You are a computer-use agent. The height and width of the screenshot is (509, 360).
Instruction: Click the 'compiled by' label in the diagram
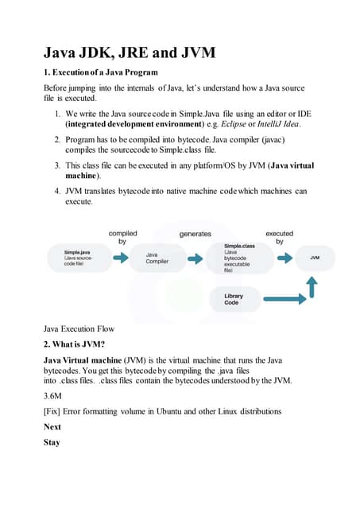coord(122,237)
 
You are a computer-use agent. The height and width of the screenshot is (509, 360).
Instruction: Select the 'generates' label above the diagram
coord(195,234)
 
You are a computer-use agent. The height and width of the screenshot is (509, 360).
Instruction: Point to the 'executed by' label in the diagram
coord(279,237)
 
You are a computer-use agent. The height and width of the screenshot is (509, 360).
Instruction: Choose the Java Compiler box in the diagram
coord(157,258)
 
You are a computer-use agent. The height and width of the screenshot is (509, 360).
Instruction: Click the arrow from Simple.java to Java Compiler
coord(120,258)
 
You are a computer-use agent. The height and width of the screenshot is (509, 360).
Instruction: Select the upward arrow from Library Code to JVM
coord(312,287)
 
